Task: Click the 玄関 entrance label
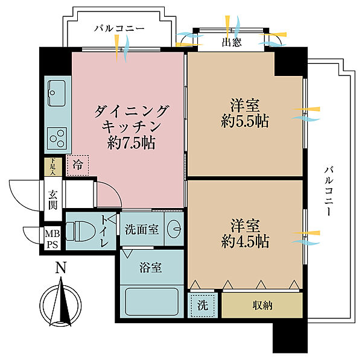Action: (52, 198)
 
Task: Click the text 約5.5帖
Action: (245, 121)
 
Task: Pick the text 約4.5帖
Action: (245, 241)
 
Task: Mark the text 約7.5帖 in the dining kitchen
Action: (130, 144)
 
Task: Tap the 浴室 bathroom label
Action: (151, 268)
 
